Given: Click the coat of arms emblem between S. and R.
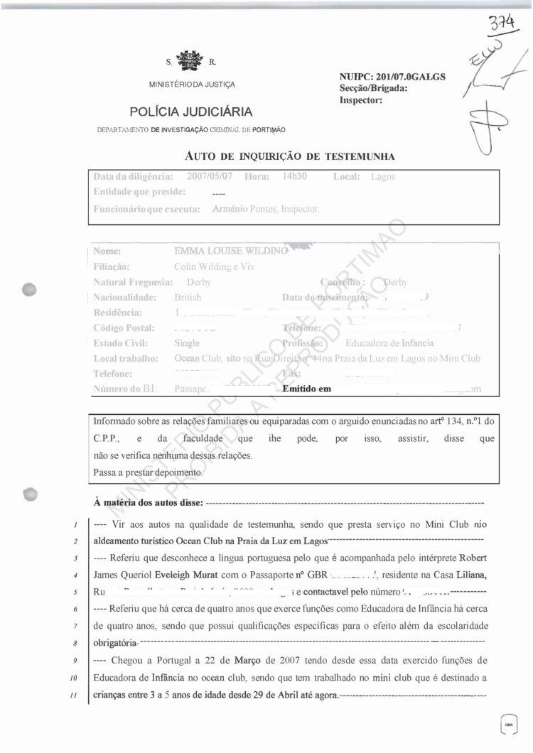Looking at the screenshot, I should click(x=189, y=62).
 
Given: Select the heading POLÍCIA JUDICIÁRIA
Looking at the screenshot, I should click(x=191, y=112).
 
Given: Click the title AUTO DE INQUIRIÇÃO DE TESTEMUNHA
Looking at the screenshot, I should click(x=289, y=156).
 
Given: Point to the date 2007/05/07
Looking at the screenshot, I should click(x=210, y=176).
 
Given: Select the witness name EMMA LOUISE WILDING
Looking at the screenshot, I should click(x=230, y=251).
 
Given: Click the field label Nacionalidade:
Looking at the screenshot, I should click(x=124, y=298).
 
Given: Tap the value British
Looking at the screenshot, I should click(x=188, y=298).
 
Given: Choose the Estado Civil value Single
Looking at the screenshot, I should click(x=187, y=343).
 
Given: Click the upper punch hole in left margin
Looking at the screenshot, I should click(x=29, y=289).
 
